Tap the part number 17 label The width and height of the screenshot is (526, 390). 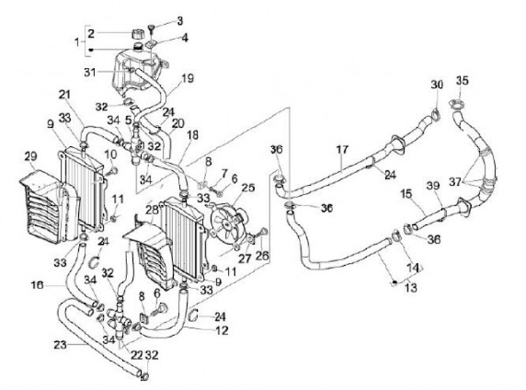pyautogui.click(x=342, y=149)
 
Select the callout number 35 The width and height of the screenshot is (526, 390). pyautogui.click(x=462, y=81)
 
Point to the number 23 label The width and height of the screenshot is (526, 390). pyautogui.click(x=61, y=345)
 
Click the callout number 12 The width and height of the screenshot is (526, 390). pyautogui.click(x=221, y=330)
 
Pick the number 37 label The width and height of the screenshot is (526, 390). pyautogui.click(x=456, y=183)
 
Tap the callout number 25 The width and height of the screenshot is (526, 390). pyautogui.click(x=248, y=188)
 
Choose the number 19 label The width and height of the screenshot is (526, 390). pyautogui.click(x=187, y=78)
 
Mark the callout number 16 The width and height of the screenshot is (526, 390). pyautogui.click(x=37, y=285)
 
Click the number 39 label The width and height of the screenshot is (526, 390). pyautogui.click(x=433, y=186)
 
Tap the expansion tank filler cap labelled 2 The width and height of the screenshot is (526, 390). pyautogui.click(x=137, y=34)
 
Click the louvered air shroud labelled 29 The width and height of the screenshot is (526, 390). pyautogui.click(x=50, y=206)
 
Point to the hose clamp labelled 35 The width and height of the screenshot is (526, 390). pyautogui.click(x=456, y=104)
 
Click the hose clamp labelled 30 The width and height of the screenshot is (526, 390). pyautogui.click(x=435, y=114)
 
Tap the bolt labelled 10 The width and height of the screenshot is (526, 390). pyautogui.click(x=112, y=172)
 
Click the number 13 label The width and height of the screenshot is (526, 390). pyautogui.click(x=411, y=288)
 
